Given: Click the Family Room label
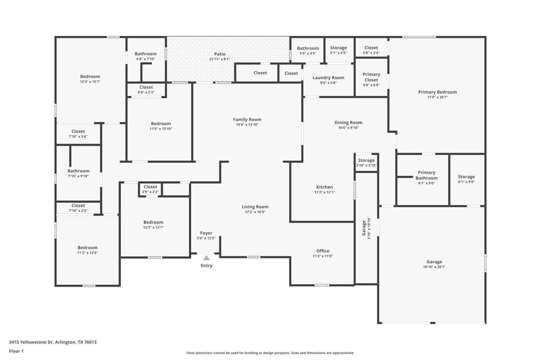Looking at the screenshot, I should click(x=247, y=119).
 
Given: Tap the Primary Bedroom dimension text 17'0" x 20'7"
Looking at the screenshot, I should click(x=437, y=98).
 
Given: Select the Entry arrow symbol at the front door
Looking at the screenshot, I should click(x=206, y=258).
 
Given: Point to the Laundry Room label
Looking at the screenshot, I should click(x=328, y=78).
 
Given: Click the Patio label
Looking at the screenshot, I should click(x=220, y=54).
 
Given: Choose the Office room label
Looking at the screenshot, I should click(x=323, y=251).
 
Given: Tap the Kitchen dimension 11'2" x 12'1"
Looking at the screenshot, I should click(x=324, y=192).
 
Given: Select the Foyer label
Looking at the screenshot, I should click(x=206, y=233).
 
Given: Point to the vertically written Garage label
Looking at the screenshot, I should click(x=363, y=228).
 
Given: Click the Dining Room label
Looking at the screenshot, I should click(x=348, y=122).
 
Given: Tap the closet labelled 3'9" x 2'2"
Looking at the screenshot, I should click(x=151, y=192).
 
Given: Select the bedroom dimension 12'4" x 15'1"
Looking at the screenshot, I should click(x=90, y=82).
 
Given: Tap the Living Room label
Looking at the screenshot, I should click(x=255, y=207).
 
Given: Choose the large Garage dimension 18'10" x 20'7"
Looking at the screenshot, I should click(x=434, y=267).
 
